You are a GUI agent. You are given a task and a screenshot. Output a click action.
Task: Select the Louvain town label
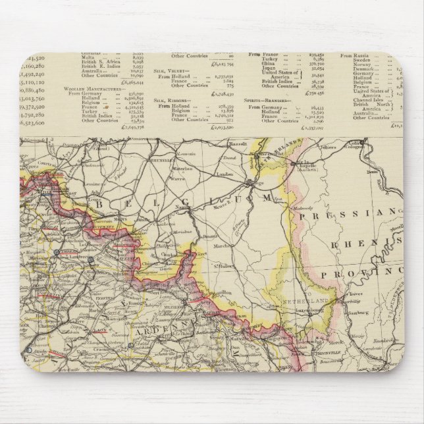coord(188,153)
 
